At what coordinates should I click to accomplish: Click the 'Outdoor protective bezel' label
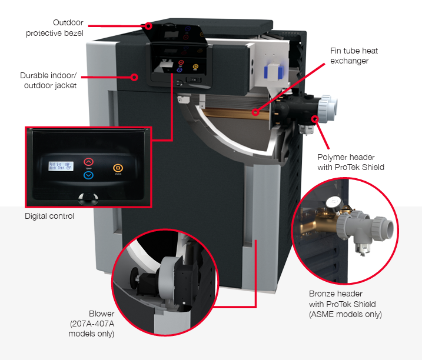pos(54,28)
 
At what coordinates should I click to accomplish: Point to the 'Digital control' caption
pos(49,216)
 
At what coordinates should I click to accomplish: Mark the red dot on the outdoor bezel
pos(149,26)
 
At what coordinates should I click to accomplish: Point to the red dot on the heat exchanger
pos(255,112)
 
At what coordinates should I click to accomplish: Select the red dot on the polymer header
pos(316,120)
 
